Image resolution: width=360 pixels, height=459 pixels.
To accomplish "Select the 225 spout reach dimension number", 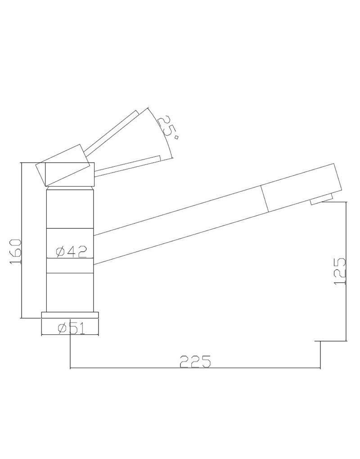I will pos(195,361).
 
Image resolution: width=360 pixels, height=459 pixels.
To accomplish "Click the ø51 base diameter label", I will pos(71,329).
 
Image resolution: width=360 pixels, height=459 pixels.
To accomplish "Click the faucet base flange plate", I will pos(70,316).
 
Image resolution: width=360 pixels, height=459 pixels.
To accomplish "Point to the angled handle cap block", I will pos(63,166).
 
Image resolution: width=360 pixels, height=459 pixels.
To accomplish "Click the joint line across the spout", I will pos(265,197).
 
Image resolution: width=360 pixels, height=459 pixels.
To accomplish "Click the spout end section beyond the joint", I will pos(301,187).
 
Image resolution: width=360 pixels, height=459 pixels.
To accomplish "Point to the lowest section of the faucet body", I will pos(70,292).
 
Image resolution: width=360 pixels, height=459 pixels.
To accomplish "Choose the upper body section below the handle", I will pos(70,209).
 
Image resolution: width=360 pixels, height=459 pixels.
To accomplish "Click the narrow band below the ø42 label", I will pos(70,266).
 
